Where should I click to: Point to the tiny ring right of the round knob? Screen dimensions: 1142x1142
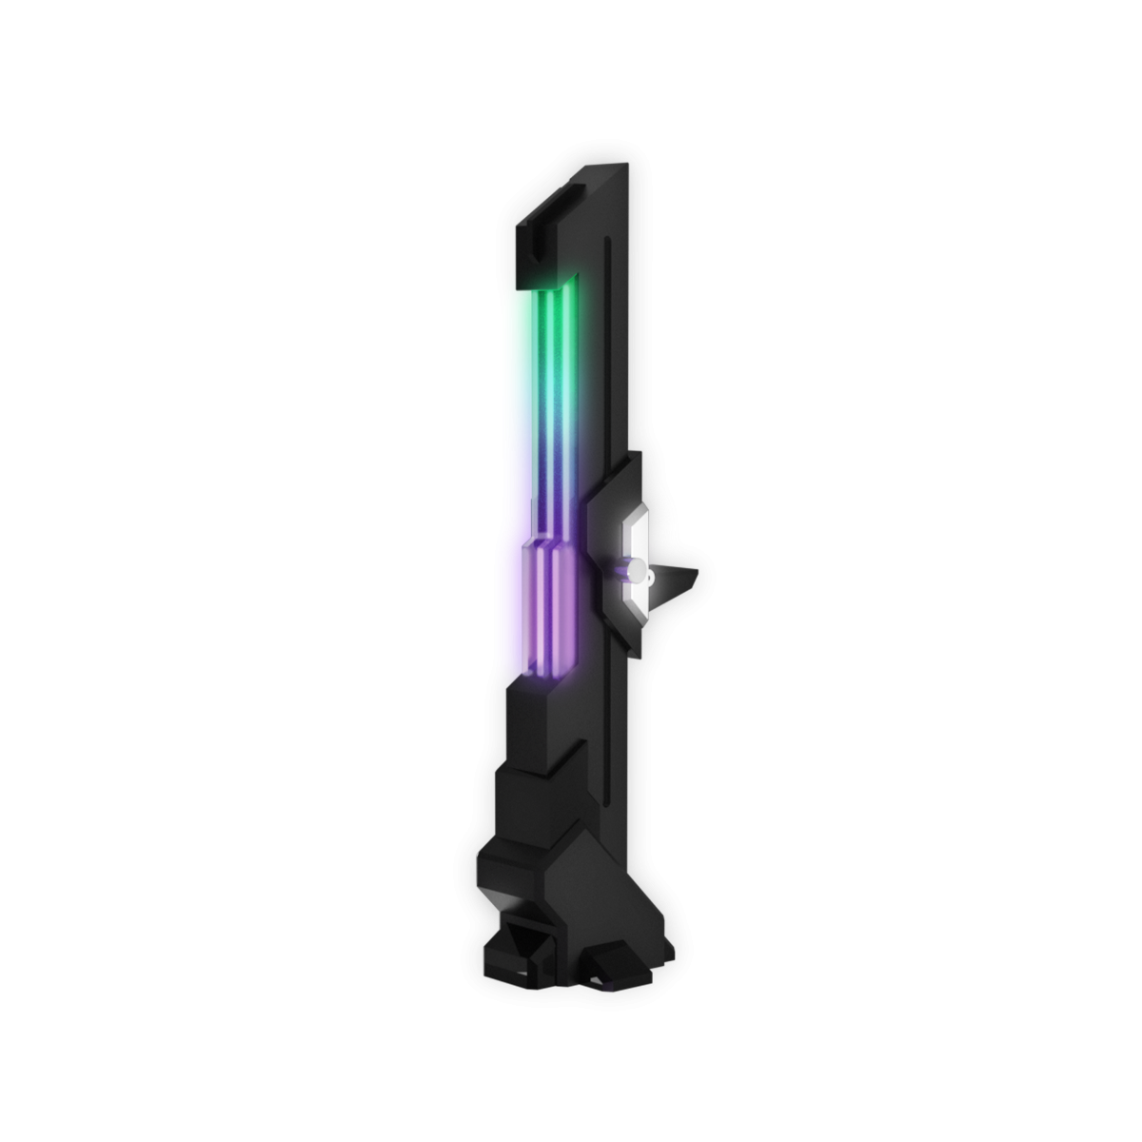[x=650, y=575]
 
